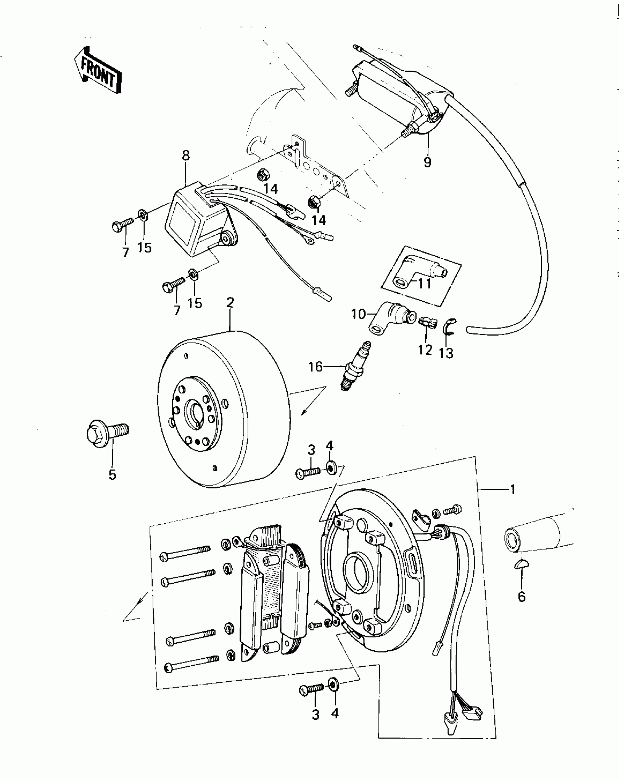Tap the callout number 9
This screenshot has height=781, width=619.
[x=427, y=161]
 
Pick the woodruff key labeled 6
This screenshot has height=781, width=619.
[x=521, y=574]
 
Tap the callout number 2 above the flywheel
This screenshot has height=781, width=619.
[x=230, y=302]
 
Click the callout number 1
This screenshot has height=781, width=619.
[x=513, y=490]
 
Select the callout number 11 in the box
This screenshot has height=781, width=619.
[x=424, y=283]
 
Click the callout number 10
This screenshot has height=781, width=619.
[x=358, y=314]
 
